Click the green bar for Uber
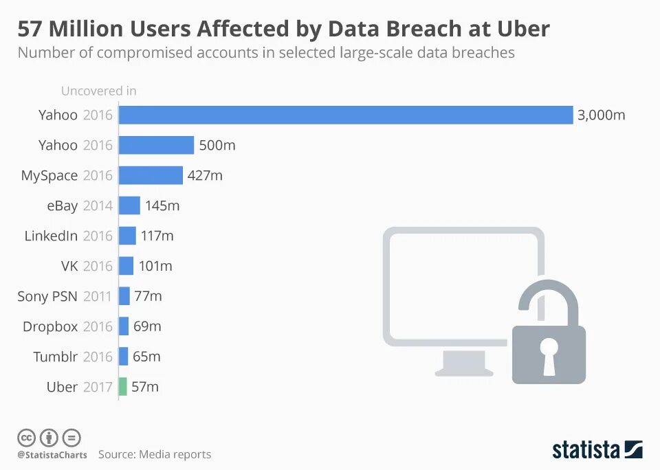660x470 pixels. click(123, 387)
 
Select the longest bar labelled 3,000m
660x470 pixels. click(346, 115)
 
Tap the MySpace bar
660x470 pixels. click(151, 175)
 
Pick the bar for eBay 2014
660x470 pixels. click(129, 205)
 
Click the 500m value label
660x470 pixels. click(217, 145)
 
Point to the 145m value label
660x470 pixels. click(162, 205)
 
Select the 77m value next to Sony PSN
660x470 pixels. click(148, 296)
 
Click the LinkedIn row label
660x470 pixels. click(51, 236)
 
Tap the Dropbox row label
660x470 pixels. click(50, 326)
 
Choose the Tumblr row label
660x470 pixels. click(55, 357)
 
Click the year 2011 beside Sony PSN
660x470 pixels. click(98, 296)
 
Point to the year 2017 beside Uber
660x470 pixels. click(98, 387)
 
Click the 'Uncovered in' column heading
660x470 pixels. click(98, 91)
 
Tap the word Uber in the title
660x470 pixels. click(520, 29)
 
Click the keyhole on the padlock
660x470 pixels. click(549, 355)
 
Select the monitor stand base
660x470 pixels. click(463, 370)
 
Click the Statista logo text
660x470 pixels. click(586, 450)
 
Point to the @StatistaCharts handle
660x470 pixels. click(52, 455)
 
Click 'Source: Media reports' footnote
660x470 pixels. click(155, 454)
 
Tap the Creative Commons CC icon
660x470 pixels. click(27, 437)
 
